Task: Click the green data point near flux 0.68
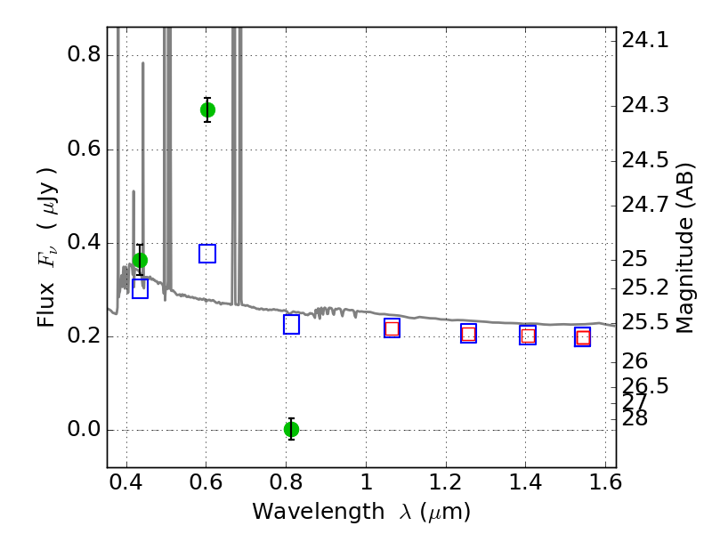[x=207, y=110]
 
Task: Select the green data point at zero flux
[x=291, y=429]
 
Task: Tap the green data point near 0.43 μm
[x=140, y=260]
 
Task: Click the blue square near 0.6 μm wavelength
[x=207, y=254]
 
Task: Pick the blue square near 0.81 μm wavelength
[x=291, y=324]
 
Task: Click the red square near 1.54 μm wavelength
[x=583, y=337]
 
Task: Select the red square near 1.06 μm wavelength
[x=392, y=328]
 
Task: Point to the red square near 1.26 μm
[x=468, y=334]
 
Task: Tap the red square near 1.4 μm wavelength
[x=528, y=336]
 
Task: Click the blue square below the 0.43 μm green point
[x=140, y=288]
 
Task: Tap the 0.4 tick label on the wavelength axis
[x=126, y=486]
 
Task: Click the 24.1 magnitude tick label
[x=645, y=40]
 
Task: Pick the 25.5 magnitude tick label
[x=645, y=321]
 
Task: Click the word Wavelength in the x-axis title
[x=303, y=512]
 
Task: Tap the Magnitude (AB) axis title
[x=685, y=247]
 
